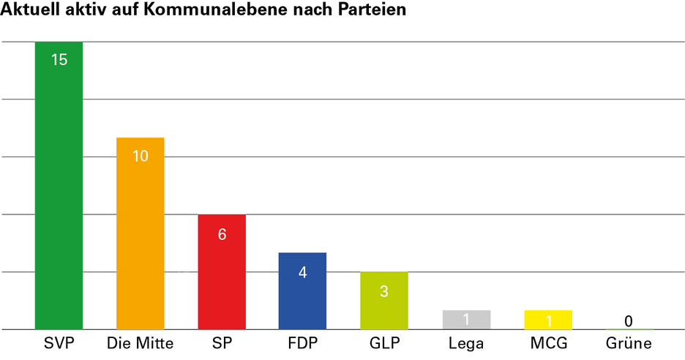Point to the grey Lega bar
[466, 320]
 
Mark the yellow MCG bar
[548, 320]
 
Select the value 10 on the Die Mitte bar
[141, 156]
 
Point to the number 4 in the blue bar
[302, 271]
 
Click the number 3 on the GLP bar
[383, 290]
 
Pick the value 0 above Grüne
[629, 320]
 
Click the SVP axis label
[59, 342]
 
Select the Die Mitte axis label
[140, 342]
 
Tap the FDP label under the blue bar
[302, 342]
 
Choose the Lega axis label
[465, 343]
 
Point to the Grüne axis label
[629, 342]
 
